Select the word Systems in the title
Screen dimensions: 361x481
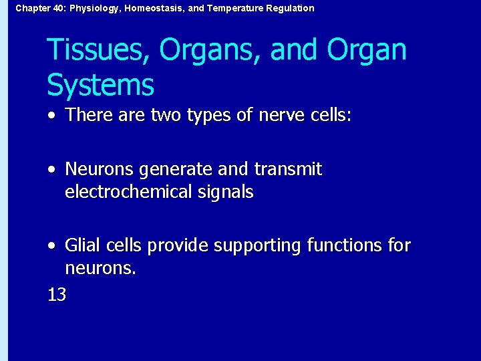100,85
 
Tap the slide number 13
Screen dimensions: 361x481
57,294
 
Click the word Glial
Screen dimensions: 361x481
81,246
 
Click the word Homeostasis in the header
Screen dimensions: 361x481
146,8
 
